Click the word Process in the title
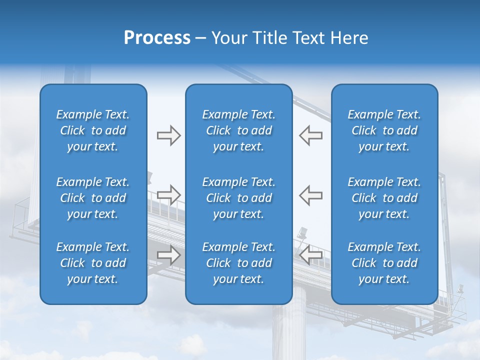coord(157,38)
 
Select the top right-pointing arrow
coord(168,135)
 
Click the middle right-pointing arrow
coord(168,194)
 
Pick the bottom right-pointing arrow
coord(168,255)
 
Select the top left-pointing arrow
coord(310,135)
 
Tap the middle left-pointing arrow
coord(310,194)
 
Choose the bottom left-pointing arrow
coord(310,255)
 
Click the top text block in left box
coord(93,130)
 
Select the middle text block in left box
coord(93,198)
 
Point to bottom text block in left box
coord(93,263)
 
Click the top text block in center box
coord(238,130)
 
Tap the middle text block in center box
coord(238,198)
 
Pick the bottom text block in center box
coord(238,263)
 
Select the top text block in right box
coord(384,130)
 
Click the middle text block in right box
coord(384,198)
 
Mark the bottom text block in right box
coord(384,263)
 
